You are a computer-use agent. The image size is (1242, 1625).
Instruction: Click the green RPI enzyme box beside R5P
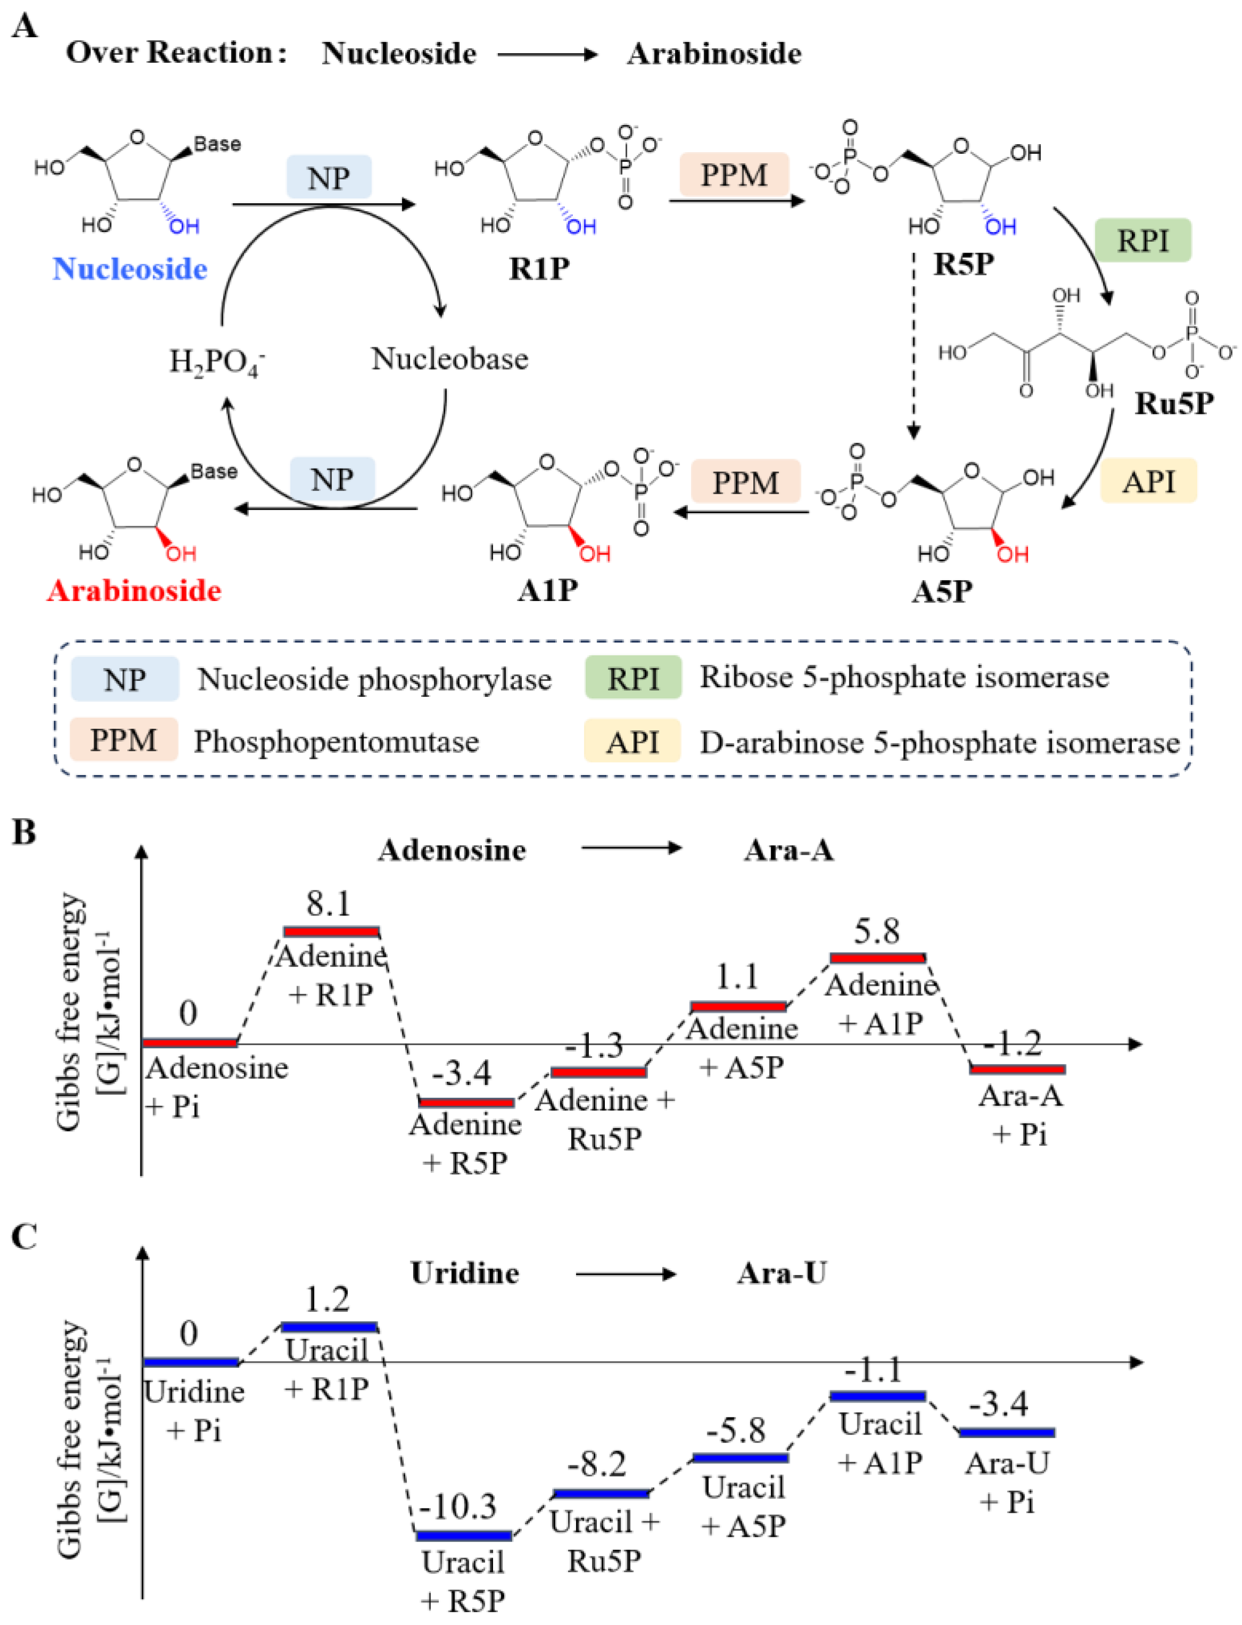click(x=1142, y=240)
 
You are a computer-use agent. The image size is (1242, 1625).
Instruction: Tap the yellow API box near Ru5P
click(x=1148, y=481)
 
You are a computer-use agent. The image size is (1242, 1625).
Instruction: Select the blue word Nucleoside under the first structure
click(x=130, y=269)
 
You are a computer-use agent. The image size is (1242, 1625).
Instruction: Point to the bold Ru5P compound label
click(x=1174, y=403)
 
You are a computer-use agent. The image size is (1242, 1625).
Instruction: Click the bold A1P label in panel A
click(x=547, y=590)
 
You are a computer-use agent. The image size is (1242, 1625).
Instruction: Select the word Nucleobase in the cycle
click(x=449, y=359)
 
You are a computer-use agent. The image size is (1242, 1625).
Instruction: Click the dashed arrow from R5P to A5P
click(x=914, y=347)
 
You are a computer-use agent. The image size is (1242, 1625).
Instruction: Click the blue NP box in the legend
click(x=124, y=679)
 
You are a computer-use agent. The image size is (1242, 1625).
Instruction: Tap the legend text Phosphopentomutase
click(x=336, y=741)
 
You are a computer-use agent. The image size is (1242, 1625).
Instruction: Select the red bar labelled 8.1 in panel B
click(x=331, y=931)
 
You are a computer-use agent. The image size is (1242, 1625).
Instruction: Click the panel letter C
click(x=24, y=1236)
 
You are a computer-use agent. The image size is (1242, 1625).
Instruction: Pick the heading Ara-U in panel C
click(x=781, y=1273)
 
